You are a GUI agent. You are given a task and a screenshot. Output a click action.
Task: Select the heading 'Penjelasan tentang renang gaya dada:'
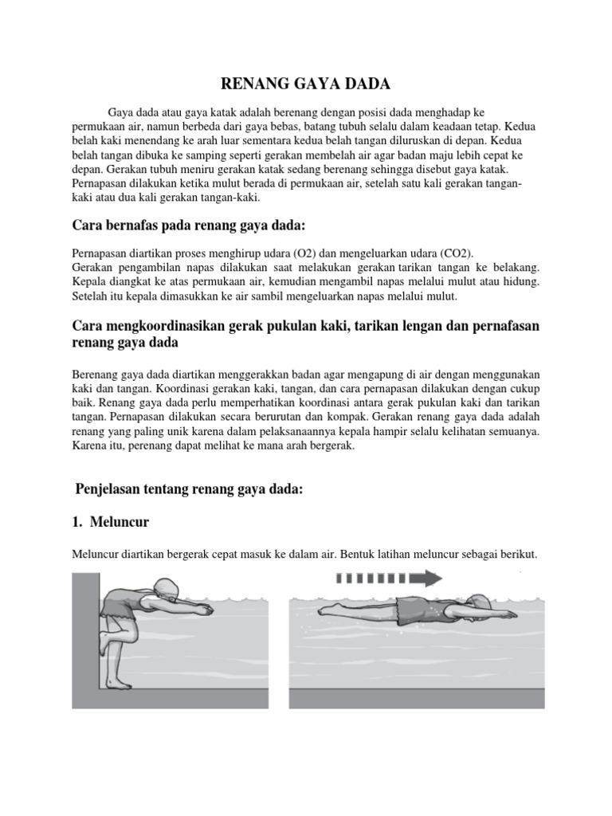pos(189,489)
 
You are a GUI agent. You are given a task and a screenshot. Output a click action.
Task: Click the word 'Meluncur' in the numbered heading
pos(121,522)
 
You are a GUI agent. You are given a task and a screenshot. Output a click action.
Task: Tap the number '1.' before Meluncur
pos(78,522)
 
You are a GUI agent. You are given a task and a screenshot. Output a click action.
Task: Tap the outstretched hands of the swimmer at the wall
pos(206,610)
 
